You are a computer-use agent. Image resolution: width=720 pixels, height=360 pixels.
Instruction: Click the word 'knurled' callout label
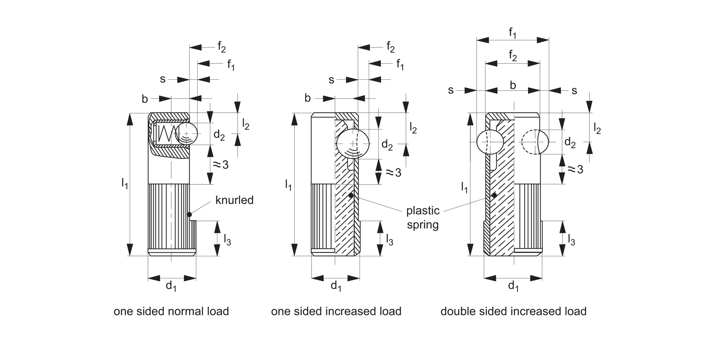tap(234, 200)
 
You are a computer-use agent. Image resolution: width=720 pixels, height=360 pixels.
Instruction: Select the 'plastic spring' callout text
tap(422, 217)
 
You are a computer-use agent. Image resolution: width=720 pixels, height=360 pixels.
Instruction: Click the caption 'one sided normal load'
tap(171, 312)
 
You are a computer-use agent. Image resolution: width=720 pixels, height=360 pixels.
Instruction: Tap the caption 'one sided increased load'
tap(336, 312)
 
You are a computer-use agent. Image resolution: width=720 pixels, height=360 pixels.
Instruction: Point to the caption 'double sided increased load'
tap(513, 312)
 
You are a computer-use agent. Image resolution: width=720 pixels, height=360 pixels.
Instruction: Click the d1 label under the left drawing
tap(171, 287)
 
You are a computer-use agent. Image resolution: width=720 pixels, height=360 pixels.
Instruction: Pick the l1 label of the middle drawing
tap(288, 184)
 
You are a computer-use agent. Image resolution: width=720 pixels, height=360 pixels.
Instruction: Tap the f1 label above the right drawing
tap(513, 33)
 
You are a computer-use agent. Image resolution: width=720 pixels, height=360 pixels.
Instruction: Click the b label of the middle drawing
tap(308, 98)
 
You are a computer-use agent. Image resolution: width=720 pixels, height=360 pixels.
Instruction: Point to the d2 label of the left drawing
tap(219, 136)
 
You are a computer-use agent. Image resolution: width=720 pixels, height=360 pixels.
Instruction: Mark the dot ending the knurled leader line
tap(190, 214)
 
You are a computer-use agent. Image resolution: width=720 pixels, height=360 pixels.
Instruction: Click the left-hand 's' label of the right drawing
tap(451, 90)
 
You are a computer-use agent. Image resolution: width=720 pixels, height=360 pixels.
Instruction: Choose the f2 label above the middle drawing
tap(390, 47)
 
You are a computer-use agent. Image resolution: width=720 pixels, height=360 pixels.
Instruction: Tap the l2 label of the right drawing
tap(597, 128)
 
